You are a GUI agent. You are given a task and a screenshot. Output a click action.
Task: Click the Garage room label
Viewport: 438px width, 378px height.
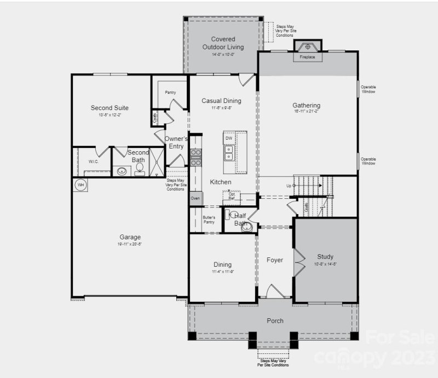point(130,237)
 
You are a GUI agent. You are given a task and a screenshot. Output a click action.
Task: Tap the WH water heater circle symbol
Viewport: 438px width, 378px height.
point(80,185)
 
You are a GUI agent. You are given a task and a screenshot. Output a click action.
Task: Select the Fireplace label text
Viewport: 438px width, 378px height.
point(307,57)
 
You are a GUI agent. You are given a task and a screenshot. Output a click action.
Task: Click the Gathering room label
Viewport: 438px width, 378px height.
point(306,106)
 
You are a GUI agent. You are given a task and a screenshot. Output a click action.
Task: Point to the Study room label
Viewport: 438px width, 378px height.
point(325,256)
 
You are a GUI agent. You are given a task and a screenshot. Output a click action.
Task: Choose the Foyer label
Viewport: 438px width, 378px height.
point(275,260)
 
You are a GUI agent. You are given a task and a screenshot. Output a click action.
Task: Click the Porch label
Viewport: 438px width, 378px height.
point(274,320)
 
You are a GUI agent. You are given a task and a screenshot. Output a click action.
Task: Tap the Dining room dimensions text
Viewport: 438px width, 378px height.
point(222,272)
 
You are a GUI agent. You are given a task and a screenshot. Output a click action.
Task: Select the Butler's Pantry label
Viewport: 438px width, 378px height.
point(209,220)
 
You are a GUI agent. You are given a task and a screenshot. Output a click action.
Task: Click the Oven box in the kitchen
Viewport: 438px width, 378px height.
point(195,198)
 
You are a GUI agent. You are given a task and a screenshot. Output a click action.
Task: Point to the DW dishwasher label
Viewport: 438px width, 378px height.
point(228,139)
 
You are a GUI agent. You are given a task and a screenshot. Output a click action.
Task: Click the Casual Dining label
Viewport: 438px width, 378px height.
point(221,101)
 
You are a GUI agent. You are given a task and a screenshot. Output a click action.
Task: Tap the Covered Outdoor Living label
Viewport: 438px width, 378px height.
point(223,43)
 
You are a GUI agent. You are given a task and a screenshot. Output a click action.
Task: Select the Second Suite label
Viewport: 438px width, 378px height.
point(109,108)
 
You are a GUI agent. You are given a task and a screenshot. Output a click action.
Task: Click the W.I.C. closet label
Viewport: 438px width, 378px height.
point(93,162)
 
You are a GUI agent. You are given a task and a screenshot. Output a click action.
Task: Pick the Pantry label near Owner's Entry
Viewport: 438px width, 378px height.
point(170,93)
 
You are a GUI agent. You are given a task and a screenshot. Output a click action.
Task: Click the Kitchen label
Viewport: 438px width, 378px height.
point(220,182)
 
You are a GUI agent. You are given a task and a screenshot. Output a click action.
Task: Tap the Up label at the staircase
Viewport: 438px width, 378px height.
point(288,185)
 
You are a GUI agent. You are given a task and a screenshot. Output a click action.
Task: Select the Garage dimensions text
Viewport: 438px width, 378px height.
point(130,245)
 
